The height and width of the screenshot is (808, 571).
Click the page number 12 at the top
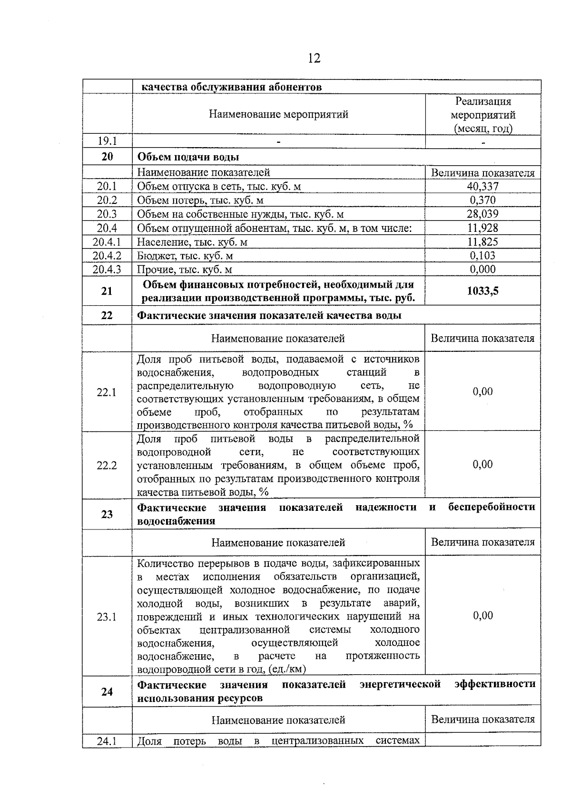[x=314, y=58]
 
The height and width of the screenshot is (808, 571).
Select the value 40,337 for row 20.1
[x=482, y=186]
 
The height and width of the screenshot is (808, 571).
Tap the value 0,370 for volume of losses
[x=482, y=200]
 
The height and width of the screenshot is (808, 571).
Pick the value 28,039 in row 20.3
[x=482, y=214]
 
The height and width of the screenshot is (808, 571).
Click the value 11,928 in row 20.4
[x=482, y=228]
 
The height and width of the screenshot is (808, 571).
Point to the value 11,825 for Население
[x=482, y=241]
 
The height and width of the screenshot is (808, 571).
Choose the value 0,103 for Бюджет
[x=482, y=255]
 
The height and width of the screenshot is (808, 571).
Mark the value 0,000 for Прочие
[x=482, y=269]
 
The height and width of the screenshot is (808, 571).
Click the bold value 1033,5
[x=482, y=291]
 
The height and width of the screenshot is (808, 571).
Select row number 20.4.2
[x=107, y=255]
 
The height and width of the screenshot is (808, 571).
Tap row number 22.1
[x=107, y=392]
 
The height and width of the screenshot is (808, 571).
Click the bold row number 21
[x=107, y=291]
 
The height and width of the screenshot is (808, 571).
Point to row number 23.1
[x=107, y=617]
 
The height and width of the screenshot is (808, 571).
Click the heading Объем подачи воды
[x=188, y=157]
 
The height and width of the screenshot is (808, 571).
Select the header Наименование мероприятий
[x=278, y=114]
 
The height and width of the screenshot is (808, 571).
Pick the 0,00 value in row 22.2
[x=482, y=464]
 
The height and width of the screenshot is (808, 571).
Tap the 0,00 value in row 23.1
[x=482, y=615]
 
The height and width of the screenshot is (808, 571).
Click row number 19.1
[x=107, y=141]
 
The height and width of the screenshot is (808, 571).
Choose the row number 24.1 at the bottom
[x=107, y=741]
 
